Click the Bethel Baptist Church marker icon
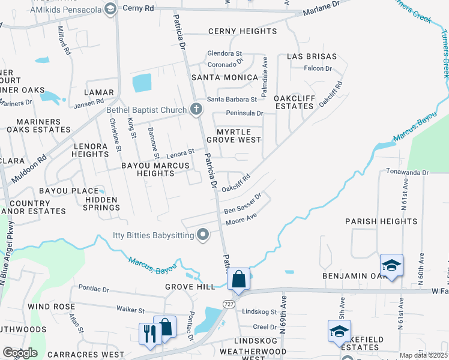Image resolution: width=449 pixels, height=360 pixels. click(x=196, y=109)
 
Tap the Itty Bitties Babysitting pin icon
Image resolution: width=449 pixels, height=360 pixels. click(x=203, y=235)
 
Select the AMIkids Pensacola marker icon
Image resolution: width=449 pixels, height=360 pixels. click(x=110, y=8)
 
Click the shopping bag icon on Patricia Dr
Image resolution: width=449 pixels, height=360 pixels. click(x=238, y=280)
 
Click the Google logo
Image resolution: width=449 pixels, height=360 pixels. click(x=20, y=353)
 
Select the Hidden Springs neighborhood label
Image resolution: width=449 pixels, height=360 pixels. click(x=102, y=203)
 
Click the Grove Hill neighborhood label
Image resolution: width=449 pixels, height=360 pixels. click(x=190, y=287)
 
